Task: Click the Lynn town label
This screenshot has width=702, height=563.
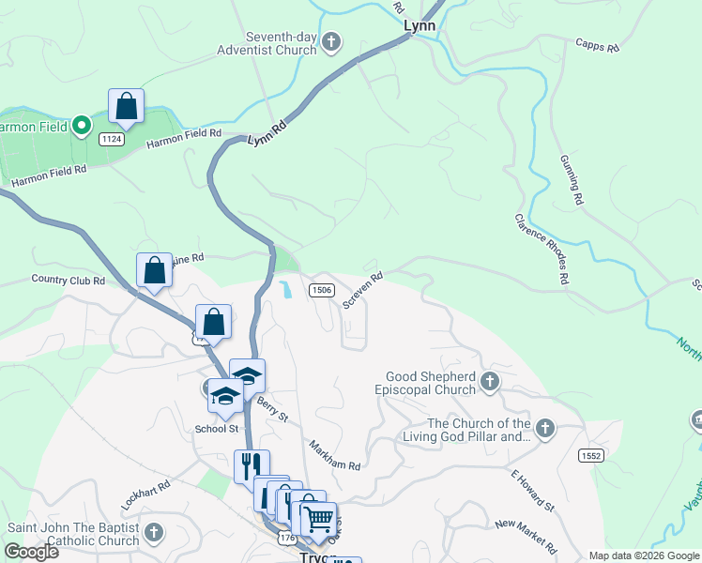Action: coord(420,25)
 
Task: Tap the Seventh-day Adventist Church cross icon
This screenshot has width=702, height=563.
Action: coord(330,41)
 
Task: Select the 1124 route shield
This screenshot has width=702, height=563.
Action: coord(113,138)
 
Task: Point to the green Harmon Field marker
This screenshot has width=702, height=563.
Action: coord(82,124)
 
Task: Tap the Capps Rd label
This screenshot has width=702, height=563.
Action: coord(598,44)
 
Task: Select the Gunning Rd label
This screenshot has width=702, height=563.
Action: coord(572,179)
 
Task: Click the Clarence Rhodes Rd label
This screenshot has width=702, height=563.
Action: coord(542,248)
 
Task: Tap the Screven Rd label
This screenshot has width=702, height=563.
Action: coord(362,291)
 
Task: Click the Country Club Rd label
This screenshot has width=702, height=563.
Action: coord(68,280)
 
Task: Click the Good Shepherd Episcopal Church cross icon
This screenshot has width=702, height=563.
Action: coord(489,381)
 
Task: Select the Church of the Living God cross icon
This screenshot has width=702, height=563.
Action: coord(543,430)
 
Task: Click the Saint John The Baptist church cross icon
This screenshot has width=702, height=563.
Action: coord(154,534)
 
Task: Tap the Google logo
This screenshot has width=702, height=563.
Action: coord(31,552)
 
